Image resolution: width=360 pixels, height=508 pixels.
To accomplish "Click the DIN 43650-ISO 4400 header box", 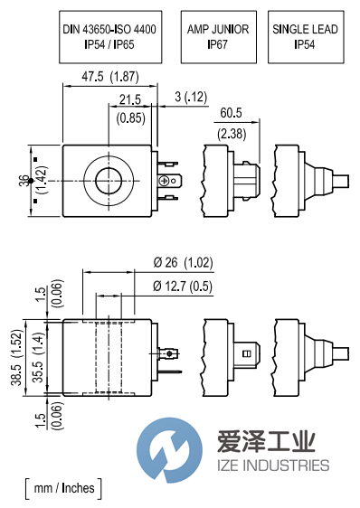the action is coord(110,37).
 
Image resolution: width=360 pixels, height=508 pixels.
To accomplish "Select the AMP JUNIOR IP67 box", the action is coord(219,37).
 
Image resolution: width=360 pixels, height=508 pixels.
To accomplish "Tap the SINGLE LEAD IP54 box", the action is coord(306,37).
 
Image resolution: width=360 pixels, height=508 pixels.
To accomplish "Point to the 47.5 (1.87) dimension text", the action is coord(110,77).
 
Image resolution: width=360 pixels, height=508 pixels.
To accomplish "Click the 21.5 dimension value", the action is coord(130,99).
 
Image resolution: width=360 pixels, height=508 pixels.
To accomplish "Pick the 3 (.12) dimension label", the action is coord(191,97).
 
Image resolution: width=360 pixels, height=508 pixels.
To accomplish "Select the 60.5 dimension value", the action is coord(231,113).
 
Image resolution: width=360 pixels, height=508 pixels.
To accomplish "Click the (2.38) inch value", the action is coord(232,134).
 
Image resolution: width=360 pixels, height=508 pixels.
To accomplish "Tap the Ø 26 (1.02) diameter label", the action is coord(183,262).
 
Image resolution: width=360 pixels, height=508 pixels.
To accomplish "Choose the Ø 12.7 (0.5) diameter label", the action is coord(183,286).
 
